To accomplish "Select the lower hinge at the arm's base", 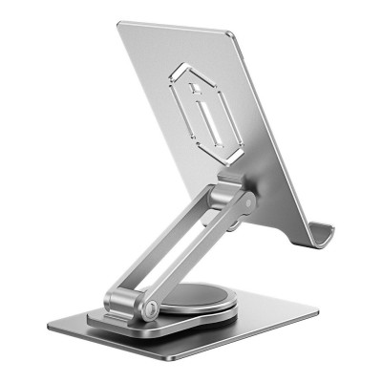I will (x=135, y=306).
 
